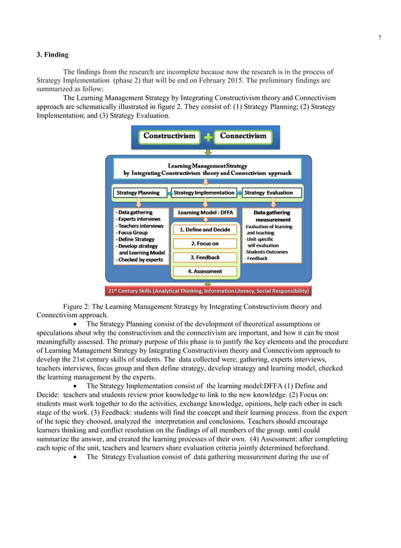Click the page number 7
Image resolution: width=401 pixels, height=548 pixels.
pos(379,37)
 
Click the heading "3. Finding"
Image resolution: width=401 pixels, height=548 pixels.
pos(53,55)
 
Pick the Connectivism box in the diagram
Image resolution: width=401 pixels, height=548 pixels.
pos(243,137)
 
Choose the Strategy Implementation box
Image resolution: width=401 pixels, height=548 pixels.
pos(205,193)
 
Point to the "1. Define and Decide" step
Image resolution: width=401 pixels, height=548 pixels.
pos(205,230)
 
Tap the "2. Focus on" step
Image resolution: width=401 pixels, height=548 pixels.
pos(205,243)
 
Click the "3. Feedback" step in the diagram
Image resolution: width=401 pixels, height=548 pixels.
pos(205,257)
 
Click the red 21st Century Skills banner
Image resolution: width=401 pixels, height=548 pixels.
pos(208,291)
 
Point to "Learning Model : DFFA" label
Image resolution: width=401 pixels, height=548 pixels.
pos(205,213)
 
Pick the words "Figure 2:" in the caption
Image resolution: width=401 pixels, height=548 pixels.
pos(78,307)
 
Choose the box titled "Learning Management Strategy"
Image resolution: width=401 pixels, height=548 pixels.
pos(207,169)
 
